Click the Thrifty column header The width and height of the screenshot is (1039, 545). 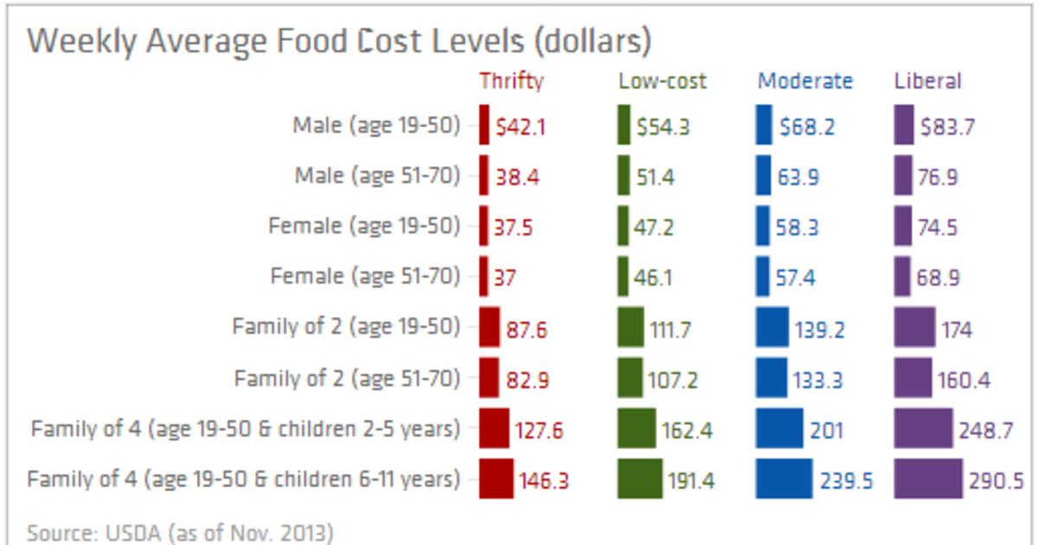[x=512, y=81]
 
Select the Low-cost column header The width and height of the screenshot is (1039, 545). [x=662, y=81]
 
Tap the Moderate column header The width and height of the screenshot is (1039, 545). [x=805, y=81]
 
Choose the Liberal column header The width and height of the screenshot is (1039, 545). [x=927, y=81]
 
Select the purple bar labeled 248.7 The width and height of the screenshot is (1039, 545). [x=923, y=429]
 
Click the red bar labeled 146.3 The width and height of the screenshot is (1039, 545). [x=496, y=479]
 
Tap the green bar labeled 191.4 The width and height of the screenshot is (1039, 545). [x=640, y=479]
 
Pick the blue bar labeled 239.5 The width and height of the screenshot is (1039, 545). [x=784, y=479]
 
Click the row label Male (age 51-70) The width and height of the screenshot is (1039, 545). [x=377, y=176]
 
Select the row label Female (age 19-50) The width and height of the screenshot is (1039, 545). [x=364, y=226]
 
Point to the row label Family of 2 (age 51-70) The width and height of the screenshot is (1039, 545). [x=347, y=378]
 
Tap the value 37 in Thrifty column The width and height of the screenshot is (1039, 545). [x=505, y=279]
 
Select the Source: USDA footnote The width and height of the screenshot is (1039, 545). [x=179, y=531]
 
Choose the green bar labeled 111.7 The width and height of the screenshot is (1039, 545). [x=631, y=328]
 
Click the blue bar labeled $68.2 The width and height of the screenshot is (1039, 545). [x=764, y=125]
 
